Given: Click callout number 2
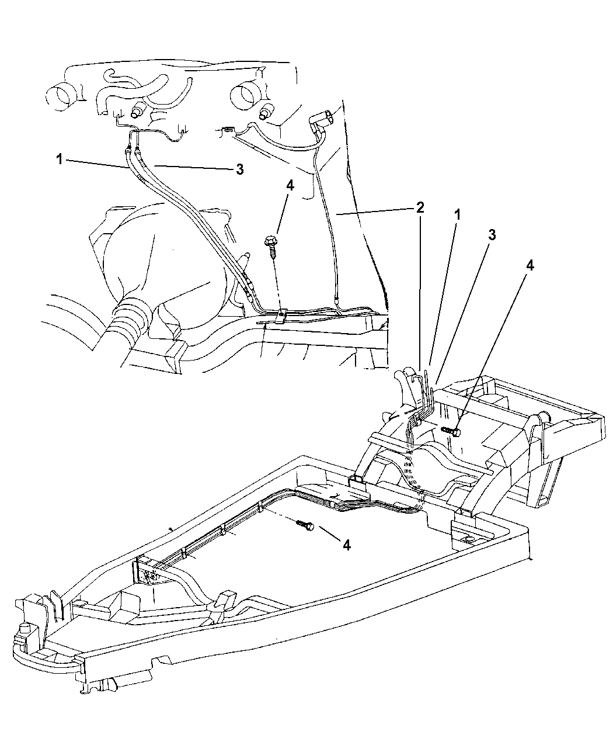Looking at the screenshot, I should click(420, 207).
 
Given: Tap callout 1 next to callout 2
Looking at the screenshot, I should click(458, 214).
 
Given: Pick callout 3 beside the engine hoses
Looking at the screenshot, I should click(239, 169).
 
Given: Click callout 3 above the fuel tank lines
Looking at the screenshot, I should click(492, 234).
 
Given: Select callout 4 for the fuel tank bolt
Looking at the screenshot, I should click(530, 265).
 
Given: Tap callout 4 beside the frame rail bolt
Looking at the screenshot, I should click(346, 545).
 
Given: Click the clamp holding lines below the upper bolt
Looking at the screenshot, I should click(281, 316).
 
